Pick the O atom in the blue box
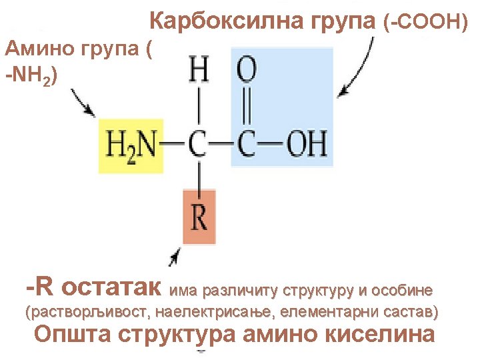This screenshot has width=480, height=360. (x=247, y=69)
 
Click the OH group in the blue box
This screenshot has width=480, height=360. (x=307, y=144)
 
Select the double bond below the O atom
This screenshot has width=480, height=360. (x=247, y=106)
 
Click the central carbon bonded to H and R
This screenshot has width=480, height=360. (x=198, y=144)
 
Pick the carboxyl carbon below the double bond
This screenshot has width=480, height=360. (x=247, y=144)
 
